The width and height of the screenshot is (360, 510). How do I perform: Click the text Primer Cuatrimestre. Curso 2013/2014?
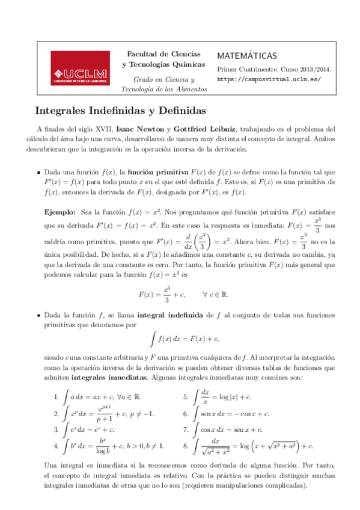pos(274,69)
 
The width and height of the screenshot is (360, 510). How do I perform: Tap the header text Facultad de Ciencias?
pos(163,54)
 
